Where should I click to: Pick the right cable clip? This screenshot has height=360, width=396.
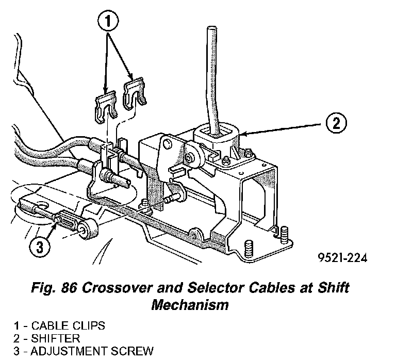pos(136,95)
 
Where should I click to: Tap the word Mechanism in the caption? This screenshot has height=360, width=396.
pos(190,304)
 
